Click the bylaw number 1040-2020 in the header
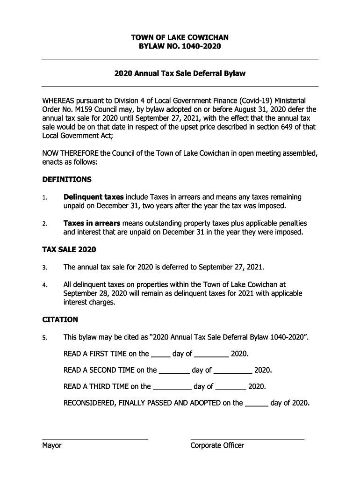coord(198,47)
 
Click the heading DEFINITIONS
coord(67,180)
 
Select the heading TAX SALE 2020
coord(69,250)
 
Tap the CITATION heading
coord(60,320)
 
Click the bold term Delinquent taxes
coord(94,197)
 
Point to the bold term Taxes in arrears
coord(92,223)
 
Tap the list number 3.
coord(44,268)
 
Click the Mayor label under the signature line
coord(52,446)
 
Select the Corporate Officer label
coord(217,446)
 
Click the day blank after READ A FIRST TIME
coord(161,356)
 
